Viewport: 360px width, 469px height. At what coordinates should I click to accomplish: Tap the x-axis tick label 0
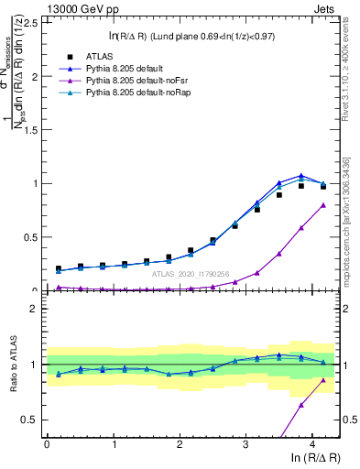(47, 444)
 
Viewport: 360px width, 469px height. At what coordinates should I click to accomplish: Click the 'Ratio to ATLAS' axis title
(12, 366)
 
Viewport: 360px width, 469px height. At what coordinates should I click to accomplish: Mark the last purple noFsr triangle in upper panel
(322, 205)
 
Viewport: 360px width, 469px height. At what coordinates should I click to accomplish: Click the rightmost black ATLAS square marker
(322, 186)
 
